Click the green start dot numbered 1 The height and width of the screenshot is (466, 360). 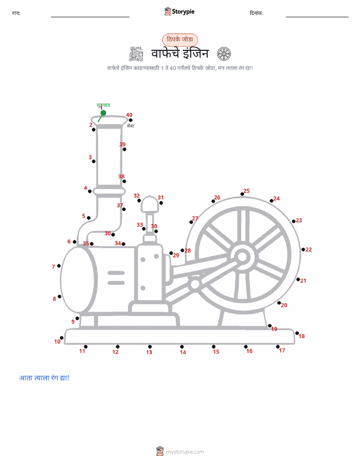click(104, 113)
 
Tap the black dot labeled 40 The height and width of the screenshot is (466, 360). click(130, 120)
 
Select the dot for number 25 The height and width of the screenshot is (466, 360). click(242, 194)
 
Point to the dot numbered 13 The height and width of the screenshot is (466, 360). click(150, 347)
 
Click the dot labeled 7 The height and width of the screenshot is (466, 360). click(59, 266)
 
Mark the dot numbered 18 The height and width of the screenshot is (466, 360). click(297, 333)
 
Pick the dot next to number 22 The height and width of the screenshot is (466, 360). click(303, 250)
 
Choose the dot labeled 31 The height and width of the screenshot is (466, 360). click(161, 203)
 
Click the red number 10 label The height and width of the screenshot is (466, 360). click(57, 342)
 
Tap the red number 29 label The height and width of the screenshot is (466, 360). click(176, 255)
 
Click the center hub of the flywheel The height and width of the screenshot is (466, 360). click(242, 257)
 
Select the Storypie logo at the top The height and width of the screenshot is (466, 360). click(179, 12)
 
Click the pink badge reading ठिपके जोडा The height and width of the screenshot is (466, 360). click(180, 40)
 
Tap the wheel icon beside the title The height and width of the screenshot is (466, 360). click(224, 54)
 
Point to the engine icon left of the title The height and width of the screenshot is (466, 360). click(136, 54)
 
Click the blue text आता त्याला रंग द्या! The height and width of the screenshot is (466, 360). click(44, 378)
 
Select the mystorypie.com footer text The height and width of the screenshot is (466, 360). click(185, 452)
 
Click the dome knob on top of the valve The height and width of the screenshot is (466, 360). click(150, 204)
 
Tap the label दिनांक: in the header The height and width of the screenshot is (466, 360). click(256, 13)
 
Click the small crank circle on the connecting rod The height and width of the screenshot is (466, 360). click(195, 285)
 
